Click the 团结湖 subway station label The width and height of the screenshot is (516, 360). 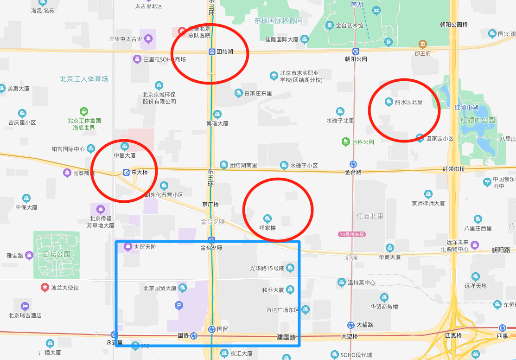click(x=225, y=51)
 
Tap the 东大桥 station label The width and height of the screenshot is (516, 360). click(x=139, y=172)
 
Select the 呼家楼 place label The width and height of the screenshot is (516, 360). click(x=268, y=228)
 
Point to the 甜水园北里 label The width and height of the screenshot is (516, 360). click(x=408, y=102)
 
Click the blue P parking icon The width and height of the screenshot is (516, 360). click(x=178, y=305)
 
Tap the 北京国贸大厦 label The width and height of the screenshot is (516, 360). click(x=160, y=288)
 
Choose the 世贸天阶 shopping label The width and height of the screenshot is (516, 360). click(x=145, y=247)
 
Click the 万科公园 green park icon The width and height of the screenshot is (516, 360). click(x=345, y=141)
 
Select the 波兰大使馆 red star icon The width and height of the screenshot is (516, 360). click(x=45, y=288)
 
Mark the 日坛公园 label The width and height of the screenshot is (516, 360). click(x=57, y=254)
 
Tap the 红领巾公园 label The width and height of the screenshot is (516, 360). click(x=478, y=120)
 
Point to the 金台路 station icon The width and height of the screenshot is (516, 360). click(x=353, y=164)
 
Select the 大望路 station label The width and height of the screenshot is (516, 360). click(x=365, y=325)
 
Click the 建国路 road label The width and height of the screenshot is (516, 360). click(x=287, y=337)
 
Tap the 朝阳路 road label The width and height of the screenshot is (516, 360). click(x=501, y=250)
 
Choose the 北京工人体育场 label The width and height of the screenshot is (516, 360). click(x=84, y=79)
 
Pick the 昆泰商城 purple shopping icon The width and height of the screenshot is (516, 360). click(x=67, y=173)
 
